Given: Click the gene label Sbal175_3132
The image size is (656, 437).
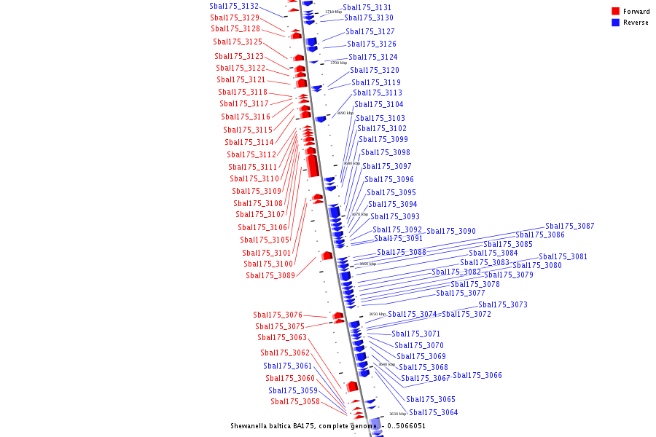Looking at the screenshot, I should point(234,6).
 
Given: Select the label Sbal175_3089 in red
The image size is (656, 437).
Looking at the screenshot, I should point(270,275).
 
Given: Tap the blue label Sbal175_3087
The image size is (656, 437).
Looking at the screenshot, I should point(570,226).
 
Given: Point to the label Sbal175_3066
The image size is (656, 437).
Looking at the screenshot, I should point(477,375).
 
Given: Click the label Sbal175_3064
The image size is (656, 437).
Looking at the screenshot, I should point(434,412).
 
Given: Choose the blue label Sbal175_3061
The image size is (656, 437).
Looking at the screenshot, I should point(288,366).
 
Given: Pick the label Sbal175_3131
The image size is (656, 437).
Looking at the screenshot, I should point(367,7).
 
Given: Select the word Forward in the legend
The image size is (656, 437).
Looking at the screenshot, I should point(636,12).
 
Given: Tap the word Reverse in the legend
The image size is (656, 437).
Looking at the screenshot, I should point(636,23).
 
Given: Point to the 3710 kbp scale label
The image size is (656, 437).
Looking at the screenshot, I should point(333,12).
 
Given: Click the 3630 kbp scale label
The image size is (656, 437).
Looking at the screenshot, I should point(397,414).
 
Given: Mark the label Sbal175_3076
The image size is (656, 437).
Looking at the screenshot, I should point(278,315).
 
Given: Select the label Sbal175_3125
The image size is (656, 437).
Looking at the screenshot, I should point(238,42).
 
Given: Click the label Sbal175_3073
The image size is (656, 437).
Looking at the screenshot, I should point(503,304).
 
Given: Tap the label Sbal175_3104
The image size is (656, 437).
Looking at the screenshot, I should point(379,104).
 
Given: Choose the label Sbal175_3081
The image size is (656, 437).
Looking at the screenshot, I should point(563,256).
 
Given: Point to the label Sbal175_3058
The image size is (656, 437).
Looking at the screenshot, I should point(295,401).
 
